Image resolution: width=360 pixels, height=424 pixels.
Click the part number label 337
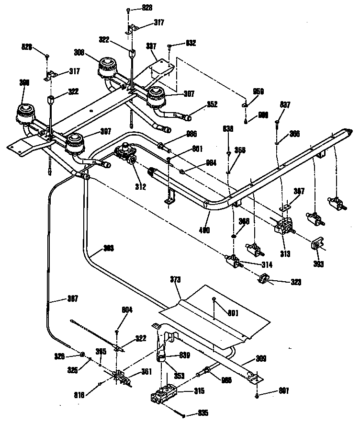pyautogui.click(x=151, y=46)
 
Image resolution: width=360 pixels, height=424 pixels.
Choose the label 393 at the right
pyautogui.click(x=318, y=263)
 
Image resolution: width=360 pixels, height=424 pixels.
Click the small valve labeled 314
pyautogui.click(x=234, y=262)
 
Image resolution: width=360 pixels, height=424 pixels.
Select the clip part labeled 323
pyautogui.click(x=263, y=278)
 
